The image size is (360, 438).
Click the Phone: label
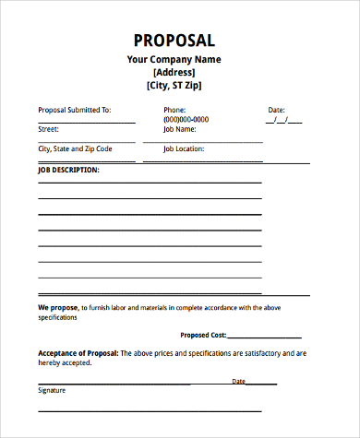174,110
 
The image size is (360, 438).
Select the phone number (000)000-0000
186,120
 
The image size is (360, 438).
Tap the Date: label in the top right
277,110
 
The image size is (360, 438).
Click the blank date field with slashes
283,120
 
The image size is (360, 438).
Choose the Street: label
48,130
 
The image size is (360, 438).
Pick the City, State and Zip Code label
75,148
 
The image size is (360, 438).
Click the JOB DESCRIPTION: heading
69,171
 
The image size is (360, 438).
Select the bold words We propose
57,307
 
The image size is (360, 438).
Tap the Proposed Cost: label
202,336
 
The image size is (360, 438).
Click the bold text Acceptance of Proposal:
78,353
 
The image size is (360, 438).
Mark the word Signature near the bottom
53,390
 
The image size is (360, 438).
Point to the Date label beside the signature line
238,381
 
